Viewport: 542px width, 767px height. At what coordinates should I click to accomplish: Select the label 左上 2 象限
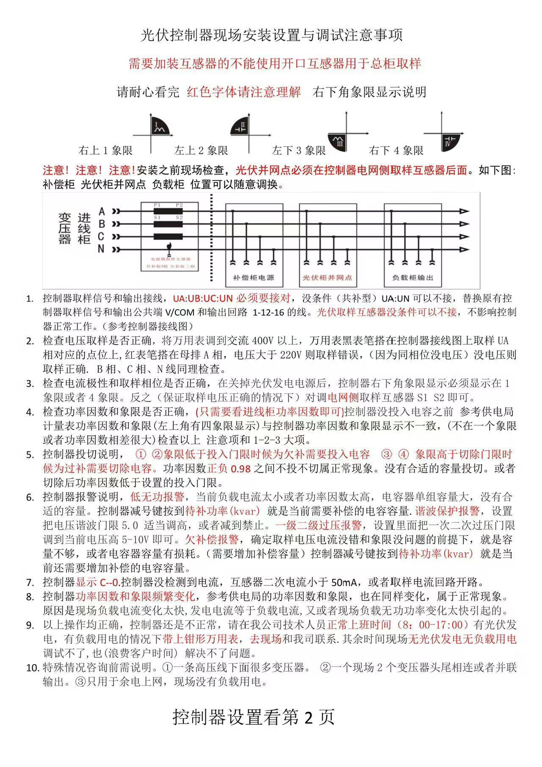point(201,150)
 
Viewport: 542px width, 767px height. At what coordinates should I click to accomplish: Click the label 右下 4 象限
point(396,150)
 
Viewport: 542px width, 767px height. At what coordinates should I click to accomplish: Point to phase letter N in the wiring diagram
point(101,249)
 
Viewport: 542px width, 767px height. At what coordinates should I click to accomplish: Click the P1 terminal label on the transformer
point(157,205)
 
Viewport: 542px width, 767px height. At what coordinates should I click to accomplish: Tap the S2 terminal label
point(179,217)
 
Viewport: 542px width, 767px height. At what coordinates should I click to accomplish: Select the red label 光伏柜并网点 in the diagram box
point(327,277)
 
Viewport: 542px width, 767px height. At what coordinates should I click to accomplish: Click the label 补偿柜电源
point(254,277)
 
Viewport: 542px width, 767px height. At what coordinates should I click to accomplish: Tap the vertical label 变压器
point(64,229)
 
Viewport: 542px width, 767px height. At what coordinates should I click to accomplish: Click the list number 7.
point(30,583)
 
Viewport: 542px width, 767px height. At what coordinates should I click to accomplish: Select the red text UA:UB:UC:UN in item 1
point(203,299)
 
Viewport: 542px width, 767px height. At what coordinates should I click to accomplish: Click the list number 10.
point(33,668)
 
